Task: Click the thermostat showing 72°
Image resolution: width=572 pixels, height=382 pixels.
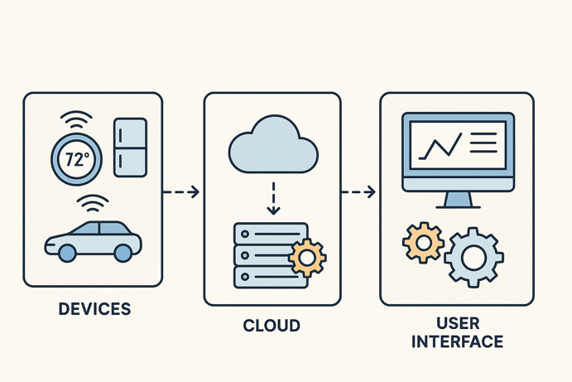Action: pos(76,159)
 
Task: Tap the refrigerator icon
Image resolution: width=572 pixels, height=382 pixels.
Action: pos(129,147)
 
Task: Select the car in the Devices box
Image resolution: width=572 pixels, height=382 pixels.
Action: pos(93,239)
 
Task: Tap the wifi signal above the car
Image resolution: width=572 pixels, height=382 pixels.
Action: pos(93,203)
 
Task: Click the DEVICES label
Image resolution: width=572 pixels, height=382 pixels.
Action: pos(95,309)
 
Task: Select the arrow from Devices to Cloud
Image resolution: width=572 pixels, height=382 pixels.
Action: pos(181,192)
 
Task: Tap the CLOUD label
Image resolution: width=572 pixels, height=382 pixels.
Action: pos(272,326)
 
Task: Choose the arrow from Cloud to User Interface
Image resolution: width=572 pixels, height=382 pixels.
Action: pos(358,192)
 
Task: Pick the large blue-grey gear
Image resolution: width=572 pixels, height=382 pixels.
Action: pos(473,258)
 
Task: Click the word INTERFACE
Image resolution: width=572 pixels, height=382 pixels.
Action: pos(457,341)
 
